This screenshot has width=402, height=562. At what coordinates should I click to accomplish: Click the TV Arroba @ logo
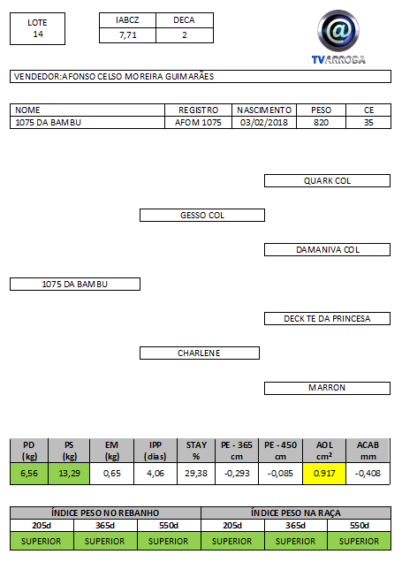(x=338, y=37)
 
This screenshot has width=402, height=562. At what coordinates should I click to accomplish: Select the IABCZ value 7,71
(x=127, y=35)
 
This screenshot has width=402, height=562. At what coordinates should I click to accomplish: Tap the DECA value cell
(x=185, y=35)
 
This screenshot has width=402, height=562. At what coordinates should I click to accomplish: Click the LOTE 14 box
(x=38, y=28)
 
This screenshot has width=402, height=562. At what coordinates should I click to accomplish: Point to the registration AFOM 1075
(x=198, y=123)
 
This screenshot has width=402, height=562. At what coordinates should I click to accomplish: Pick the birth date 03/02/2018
(x=264, y=123)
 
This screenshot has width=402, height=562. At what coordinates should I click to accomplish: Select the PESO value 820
(x=321, y=123)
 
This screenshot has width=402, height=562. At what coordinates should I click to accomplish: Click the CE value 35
(x=368, y=123)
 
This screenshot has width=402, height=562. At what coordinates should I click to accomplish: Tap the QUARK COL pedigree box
(x=327, y=180)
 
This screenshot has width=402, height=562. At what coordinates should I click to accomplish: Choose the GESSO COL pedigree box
(x=202, y=215)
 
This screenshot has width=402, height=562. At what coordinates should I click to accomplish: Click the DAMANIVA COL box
(x=327, y=249)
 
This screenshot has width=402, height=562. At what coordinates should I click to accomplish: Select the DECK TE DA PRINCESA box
(x=327, y=319)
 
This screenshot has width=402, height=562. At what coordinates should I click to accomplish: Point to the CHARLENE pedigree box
(x=200, y=353)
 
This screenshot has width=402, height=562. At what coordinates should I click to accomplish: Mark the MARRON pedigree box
(x=327, y=388)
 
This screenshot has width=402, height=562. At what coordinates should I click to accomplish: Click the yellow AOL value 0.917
(x=324, y=474)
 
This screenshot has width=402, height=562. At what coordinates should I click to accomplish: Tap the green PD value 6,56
(x=29, y=474)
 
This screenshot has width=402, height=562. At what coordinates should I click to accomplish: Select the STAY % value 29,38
(x=196, y=474)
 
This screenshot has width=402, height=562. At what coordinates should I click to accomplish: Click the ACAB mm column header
(x=368, y=451)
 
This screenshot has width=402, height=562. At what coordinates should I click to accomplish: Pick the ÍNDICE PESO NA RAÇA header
(x=296, y=513)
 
